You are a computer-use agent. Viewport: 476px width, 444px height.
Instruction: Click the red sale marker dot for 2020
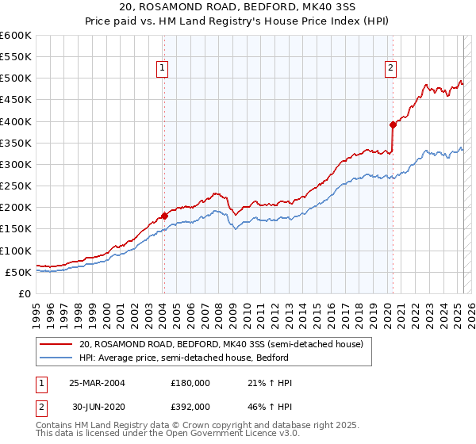[x=393, y=124]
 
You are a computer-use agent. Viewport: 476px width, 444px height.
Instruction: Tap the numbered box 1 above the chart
[x=162, y=69]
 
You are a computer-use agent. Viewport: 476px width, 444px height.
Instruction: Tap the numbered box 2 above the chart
[x=391, y=69]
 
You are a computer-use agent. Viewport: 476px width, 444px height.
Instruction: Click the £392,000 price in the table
[x=190, y=406]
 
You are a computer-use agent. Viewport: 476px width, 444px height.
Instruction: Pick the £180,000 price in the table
[x=190, y=383]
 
